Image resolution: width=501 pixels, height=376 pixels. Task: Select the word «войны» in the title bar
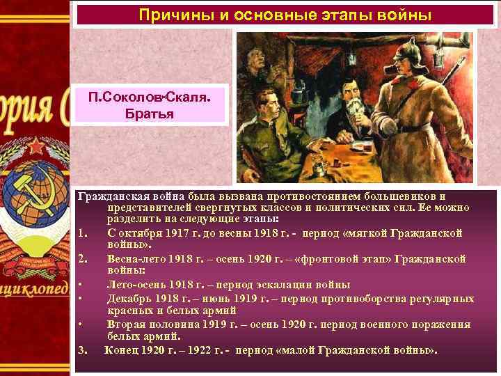click(x=405, y=14)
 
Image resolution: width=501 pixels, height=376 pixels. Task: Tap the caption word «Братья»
click(x=150, y=113)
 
